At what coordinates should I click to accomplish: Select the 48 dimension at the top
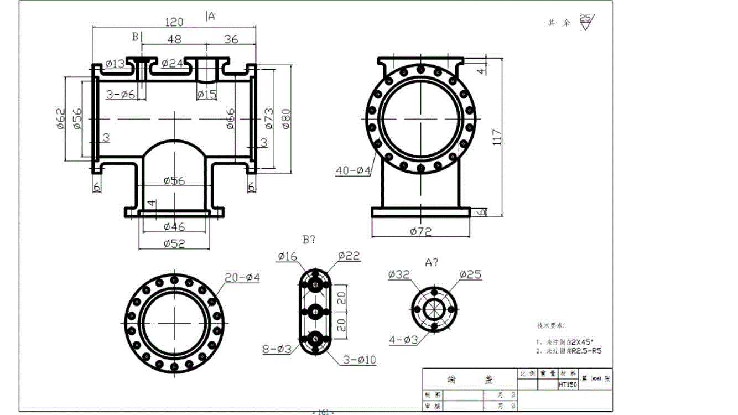click(174, 39)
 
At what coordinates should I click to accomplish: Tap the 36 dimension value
click(231, 39)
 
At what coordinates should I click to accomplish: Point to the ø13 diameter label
click(115, 64)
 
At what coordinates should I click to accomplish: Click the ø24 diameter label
click(173, 64)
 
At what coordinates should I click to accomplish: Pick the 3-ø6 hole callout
click(121, 95)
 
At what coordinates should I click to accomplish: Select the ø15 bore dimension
click(207, 95)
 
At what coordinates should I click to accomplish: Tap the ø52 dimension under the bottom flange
click(174, 243)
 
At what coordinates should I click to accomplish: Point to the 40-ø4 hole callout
click(353, 171)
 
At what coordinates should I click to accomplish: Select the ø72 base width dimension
click(420, 231)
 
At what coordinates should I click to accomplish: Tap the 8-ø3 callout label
click(277, 349)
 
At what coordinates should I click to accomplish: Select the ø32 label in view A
click(399, 274)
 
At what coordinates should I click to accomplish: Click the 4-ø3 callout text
click(403, 340)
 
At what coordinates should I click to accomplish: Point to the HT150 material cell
click(567, 384)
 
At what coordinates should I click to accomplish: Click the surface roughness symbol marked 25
click(585, 22)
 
